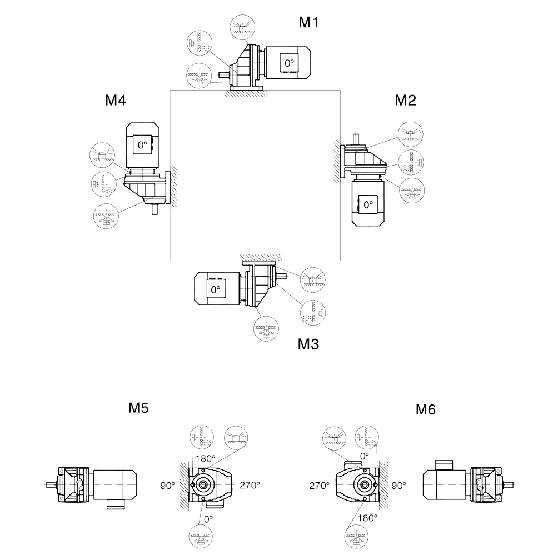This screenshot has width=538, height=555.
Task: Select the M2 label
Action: tap(405, 100)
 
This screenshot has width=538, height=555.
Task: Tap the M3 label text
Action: tap(308, 344)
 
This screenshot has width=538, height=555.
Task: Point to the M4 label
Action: tap(116, 100)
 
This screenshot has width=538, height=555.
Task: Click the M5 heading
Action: tap(138, 408)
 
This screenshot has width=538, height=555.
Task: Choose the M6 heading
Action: tap(426, 410)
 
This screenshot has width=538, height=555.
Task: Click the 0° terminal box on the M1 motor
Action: tap(290, 63)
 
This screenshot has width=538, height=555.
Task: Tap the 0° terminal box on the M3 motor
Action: tap(215, 289)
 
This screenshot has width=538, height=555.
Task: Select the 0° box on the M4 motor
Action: tap(143, 146)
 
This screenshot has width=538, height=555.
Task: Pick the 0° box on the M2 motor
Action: tap(368, 204)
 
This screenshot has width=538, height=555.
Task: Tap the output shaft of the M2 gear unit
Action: tap(355, 136)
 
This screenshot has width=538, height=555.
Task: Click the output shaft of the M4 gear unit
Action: tap(155, 209)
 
